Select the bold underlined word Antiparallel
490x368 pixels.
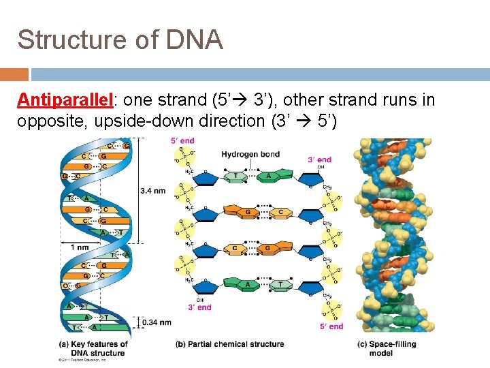click(x=65, y=100)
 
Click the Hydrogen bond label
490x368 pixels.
click(x=250, y=154)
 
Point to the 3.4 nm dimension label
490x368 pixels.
click(x=153, y=191)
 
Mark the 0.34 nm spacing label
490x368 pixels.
click(x=156, y=322)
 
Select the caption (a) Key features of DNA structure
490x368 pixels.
click(x=94, y=348)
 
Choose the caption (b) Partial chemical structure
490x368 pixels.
click(x=230, y=344)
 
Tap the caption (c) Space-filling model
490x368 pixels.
click(x=386, y=348)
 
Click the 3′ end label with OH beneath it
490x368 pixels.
click(x=320, y=160)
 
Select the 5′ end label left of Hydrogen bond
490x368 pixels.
click(x=182, y=141)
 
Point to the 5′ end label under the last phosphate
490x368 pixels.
click(x=331, y=327)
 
